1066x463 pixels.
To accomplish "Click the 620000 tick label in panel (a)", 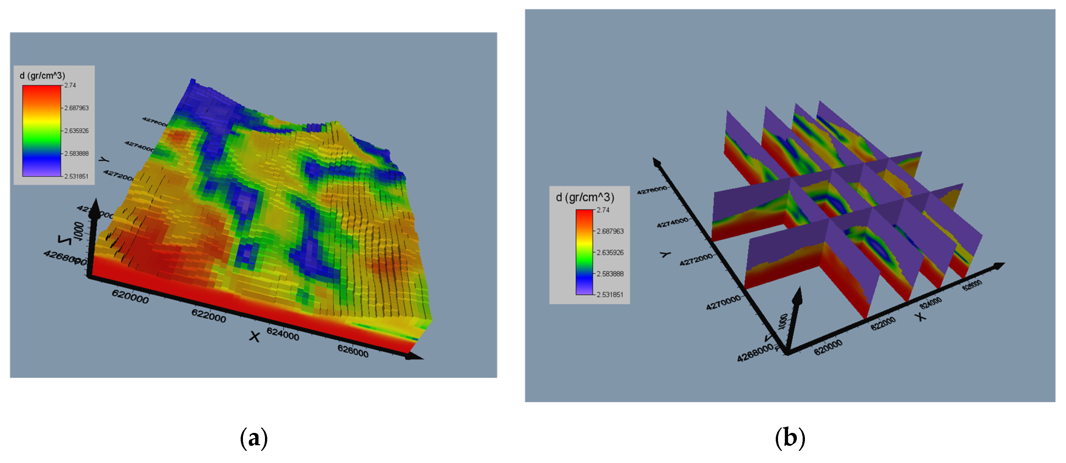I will pos(130,296).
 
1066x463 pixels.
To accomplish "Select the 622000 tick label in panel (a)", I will pos(209,316).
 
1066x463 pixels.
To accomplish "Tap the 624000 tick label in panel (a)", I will pos(283,333).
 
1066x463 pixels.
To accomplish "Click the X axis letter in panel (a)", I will pos(255,337).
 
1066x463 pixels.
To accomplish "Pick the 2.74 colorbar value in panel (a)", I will pos(70,85).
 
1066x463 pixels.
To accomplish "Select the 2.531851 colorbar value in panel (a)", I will pos(76,176).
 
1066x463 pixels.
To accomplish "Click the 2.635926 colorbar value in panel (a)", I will pos(76,131).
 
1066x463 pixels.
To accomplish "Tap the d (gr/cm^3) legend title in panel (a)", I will pos(42,75).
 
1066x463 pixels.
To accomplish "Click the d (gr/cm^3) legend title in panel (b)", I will pos(585,198).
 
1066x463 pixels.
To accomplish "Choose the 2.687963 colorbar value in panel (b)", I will pos(610,231).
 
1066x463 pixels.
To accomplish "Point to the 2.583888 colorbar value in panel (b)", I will pos(610,274).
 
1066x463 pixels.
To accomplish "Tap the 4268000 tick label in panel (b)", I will pos(755,353).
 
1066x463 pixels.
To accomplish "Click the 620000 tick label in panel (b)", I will pos(828,347).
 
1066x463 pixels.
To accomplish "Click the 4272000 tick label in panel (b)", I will pos(696,259).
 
